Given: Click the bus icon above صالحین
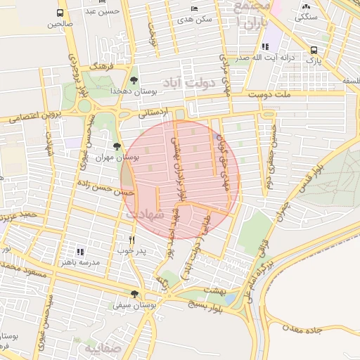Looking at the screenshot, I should [60, 13].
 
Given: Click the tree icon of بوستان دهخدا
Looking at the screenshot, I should [134, 79].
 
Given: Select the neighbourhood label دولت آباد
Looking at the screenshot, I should [182, 82].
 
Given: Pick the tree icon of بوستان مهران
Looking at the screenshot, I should [117, 146].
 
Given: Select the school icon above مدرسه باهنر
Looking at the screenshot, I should [79, 251].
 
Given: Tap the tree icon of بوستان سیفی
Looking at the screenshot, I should [134, 295].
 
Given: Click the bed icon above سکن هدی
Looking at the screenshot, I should [194, 8].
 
